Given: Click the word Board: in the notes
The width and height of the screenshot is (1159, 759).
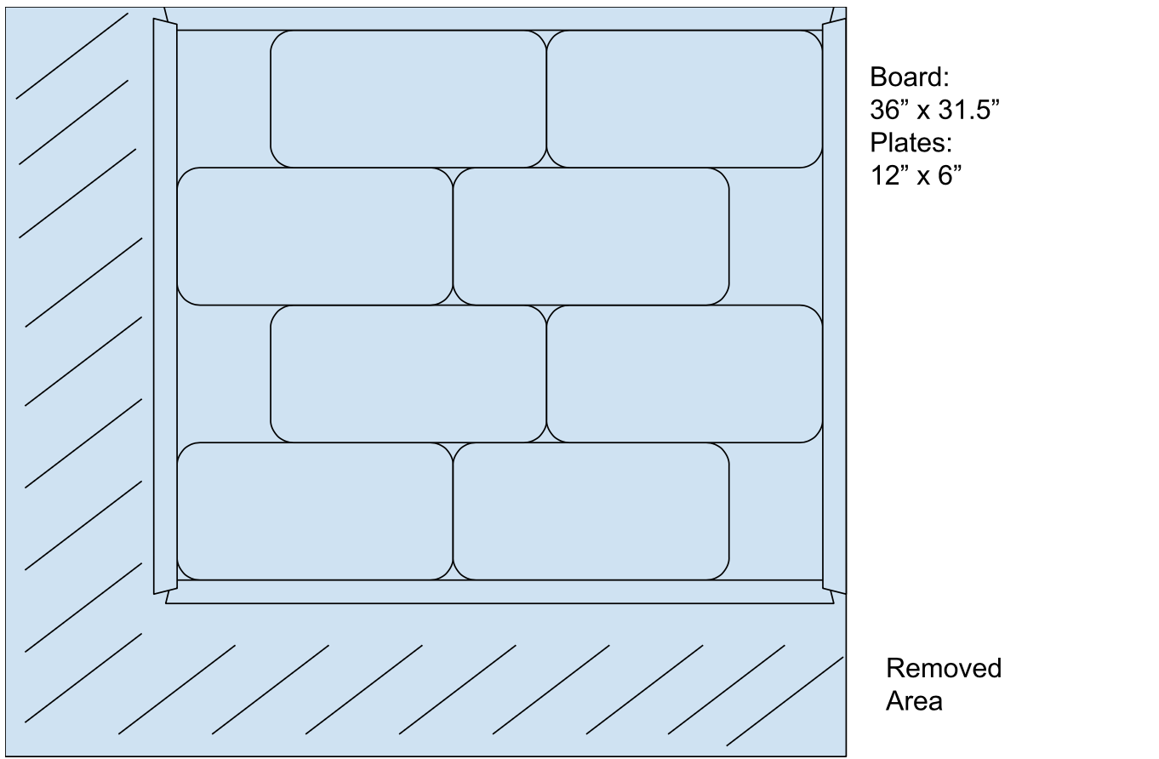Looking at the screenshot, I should point(909,77).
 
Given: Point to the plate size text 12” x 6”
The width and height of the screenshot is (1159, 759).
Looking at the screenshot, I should point(915,176).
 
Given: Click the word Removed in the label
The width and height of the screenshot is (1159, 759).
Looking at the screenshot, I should point(943,669).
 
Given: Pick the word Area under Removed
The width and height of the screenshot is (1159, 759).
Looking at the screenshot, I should point(913,701).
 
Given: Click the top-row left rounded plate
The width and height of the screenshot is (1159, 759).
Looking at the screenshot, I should point(408,99).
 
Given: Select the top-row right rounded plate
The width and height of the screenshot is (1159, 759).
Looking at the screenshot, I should point(684,99).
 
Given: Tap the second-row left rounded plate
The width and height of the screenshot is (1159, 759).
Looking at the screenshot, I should point(314,236).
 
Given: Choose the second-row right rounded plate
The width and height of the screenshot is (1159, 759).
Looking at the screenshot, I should point(591,236).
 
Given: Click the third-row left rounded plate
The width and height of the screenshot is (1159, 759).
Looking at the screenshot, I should point(408,374).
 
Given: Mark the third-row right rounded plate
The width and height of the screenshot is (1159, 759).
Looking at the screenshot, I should point(684,374).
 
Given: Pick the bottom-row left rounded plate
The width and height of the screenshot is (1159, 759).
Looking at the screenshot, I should point(314,511).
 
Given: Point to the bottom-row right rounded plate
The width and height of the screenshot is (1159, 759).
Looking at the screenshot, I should point(591,511).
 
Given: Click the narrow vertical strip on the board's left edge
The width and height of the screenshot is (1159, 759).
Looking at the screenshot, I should point(165,306).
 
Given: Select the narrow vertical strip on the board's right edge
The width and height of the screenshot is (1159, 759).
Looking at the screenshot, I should point(834,306).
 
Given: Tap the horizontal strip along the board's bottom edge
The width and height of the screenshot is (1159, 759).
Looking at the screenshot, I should point(500,592).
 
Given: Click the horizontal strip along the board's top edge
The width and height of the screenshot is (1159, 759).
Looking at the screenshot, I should point(500,19).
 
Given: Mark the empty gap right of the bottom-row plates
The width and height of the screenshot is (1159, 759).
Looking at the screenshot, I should point(775,511).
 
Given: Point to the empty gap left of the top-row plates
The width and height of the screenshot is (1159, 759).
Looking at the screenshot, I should point(223,99).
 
